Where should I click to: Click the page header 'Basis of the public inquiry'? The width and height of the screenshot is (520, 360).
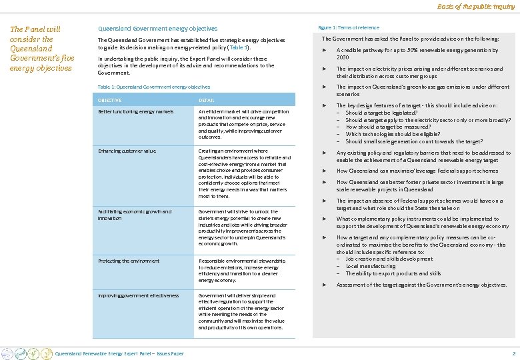pos(476,7)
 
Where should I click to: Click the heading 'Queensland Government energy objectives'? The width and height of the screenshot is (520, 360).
pos(157,29)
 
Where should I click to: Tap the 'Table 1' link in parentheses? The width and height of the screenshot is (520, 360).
pos(237,48)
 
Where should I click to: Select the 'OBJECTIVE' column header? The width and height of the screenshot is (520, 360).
pos(110,100)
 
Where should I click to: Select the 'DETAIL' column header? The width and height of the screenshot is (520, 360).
pos(207,100)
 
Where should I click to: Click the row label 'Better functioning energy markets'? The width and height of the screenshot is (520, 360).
pos(135,111)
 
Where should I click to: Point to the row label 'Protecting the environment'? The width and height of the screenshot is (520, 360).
pos(129,261)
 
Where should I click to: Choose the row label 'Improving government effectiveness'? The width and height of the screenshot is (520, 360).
pos(138,295)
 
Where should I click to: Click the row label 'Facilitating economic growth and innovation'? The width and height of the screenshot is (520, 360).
pos(134,215)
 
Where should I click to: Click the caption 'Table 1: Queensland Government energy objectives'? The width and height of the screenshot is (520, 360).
pos(153,87)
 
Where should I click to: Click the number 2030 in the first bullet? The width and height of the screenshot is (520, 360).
pos(343,57)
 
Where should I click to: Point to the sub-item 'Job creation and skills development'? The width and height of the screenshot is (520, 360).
pos(389,259)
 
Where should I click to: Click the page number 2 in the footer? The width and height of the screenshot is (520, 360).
pos(513,353)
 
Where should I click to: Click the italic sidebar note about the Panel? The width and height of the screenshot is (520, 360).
pos(41,49)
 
